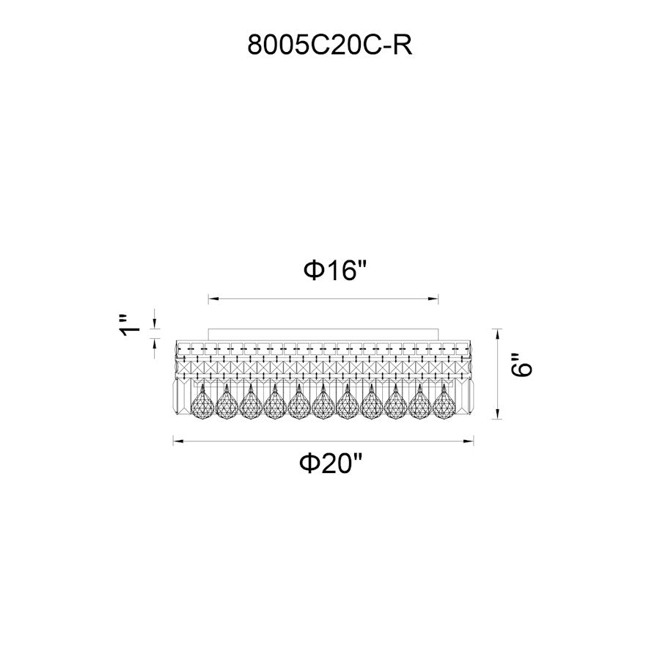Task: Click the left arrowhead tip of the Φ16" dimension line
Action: click(209, 299)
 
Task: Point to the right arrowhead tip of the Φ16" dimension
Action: click(439, 299)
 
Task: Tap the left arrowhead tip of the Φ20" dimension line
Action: click(173, 441)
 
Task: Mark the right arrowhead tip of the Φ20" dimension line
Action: click(474, 441)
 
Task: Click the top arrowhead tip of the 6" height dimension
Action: click(497, 329)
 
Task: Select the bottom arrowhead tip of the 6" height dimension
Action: click(497, 419)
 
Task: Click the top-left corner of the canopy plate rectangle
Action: click(209, 329)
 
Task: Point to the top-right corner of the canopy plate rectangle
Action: click(439, 329)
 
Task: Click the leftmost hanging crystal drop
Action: click(202, 403)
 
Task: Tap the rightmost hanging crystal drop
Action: click(444, 403)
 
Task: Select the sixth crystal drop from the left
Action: click(323, 403)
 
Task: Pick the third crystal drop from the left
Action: click(251, 403)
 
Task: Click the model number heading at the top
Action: click(329, 45)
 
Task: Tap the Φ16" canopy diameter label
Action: click(335, 270)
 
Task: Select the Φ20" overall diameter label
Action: click(331, 463)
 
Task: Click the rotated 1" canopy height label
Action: click(130, 326)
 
